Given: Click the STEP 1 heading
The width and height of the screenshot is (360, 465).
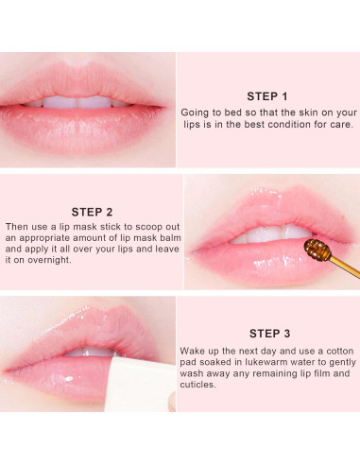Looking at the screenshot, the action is click(x=267, y=96).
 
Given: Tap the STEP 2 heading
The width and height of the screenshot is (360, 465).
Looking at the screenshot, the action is click(x=92, y=212).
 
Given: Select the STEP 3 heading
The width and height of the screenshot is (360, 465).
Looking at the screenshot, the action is click(x=269, y=334).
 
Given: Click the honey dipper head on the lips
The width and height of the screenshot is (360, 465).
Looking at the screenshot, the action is click(x=317, y=250).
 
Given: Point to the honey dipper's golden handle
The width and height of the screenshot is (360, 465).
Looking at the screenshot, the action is click(x=345, y=267).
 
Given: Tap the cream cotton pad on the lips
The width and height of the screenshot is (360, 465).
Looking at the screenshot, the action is click(x=140, y=385).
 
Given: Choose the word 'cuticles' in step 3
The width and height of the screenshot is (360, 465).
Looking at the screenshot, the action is click(x=197, y=385).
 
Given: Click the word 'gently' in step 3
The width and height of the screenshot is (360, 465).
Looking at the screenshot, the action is click(x=343, y=363).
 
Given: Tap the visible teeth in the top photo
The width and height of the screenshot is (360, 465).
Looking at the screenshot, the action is click(x=78, y=102).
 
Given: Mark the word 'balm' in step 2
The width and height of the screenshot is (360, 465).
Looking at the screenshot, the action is click(x=171, y=237).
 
